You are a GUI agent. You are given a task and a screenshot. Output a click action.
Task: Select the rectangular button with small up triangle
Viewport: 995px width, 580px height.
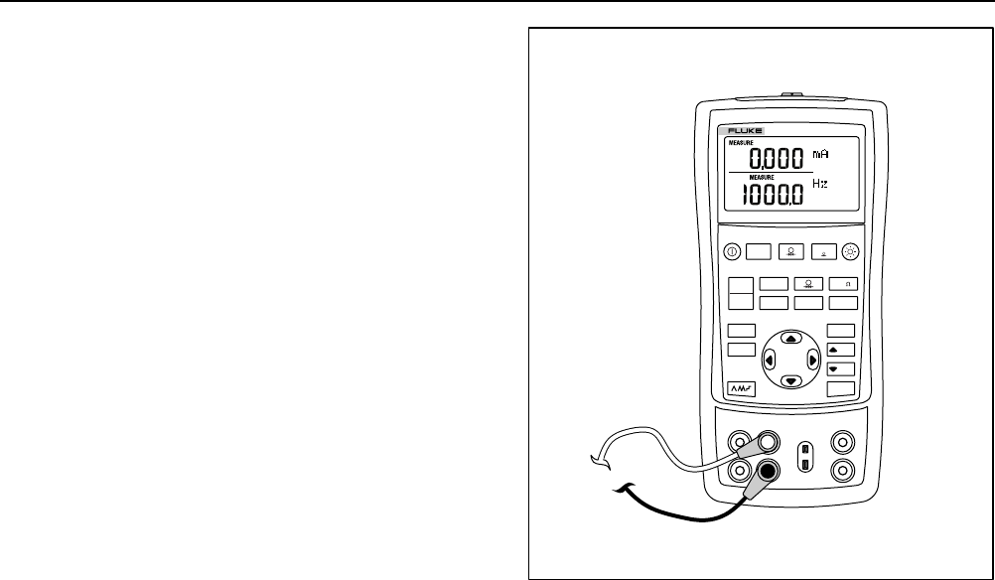click(x=840, y=351)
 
